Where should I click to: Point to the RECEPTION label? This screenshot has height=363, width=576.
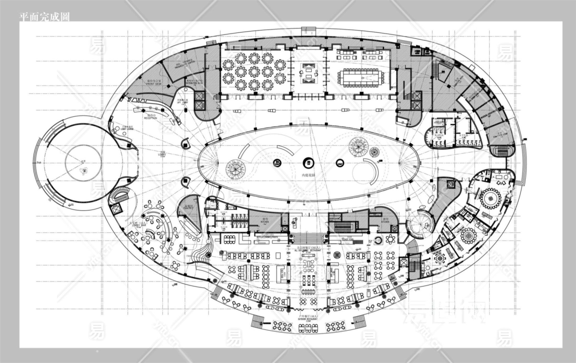(x=151, y=117)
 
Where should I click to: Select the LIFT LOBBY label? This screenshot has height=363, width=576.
(x=182, y=102)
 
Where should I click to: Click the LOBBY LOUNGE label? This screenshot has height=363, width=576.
(x=127, y=128)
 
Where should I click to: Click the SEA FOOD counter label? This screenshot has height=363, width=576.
(x=284, y=274)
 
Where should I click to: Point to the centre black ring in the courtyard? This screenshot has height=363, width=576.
(x=308, y=163)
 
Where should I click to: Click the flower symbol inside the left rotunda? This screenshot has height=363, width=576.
(x=84, y=171)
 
